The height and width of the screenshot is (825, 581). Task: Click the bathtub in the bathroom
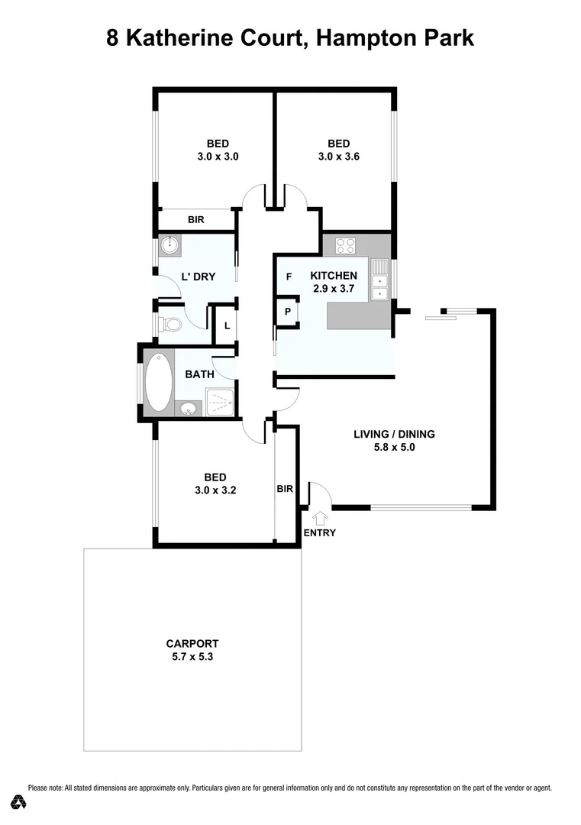tap(159, 381)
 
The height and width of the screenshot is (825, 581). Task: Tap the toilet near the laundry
tap(171, 325)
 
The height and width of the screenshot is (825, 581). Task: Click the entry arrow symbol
tap(319, 519)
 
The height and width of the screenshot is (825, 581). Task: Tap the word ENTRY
tap(319, 533)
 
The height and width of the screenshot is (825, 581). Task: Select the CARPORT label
tap(192, 643)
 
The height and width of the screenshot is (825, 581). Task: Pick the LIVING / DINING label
tap(394, 434)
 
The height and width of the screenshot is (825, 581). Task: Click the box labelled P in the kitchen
tap(287, 312)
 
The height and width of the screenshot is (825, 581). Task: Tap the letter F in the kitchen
tap(289, 277)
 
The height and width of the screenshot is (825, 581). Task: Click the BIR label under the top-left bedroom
tap(196, 220)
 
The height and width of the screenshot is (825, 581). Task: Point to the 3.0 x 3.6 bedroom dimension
tap(338, 157)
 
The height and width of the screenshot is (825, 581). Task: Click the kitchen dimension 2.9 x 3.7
tap(333, 289)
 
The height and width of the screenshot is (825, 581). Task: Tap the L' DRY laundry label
tap(198, 277)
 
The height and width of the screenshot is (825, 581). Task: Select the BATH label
tap(199, 374)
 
